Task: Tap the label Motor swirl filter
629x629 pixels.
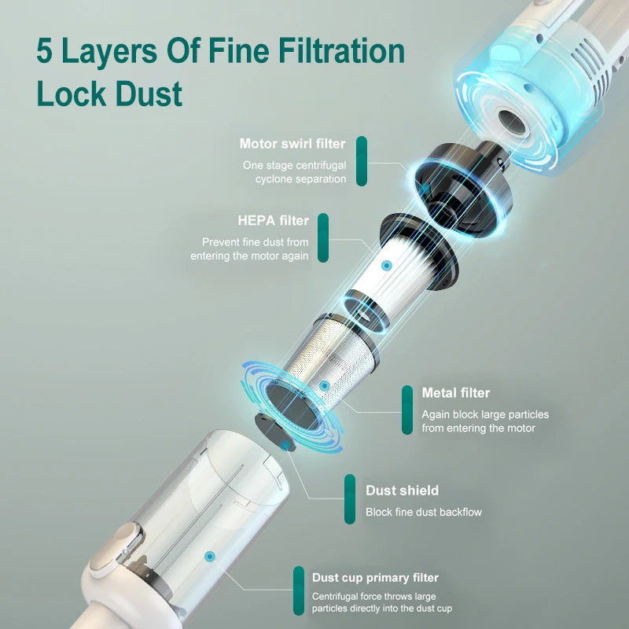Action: tap(292, 144)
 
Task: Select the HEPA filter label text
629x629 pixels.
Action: tap(273, 220)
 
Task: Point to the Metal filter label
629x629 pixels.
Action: tap(455, 392)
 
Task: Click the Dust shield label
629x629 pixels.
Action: tap(402, 491)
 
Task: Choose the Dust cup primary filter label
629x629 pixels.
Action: tap(375, 578)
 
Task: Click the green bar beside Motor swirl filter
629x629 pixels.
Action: tap(361, 161)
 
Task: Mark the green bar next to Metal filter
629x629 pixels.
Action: tap(406, 410)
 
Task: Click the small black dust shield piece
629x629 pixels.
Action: tap(274, 432)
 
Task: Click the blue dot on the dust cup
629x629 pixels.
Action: tap(209, 556)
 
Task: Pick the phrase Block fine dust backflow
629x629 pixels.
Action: tap(423, 513)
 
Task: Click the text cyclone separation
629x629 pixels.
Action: tap(300, 179)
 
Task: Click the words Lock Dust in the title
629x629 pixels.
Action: tap(109, 93)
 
